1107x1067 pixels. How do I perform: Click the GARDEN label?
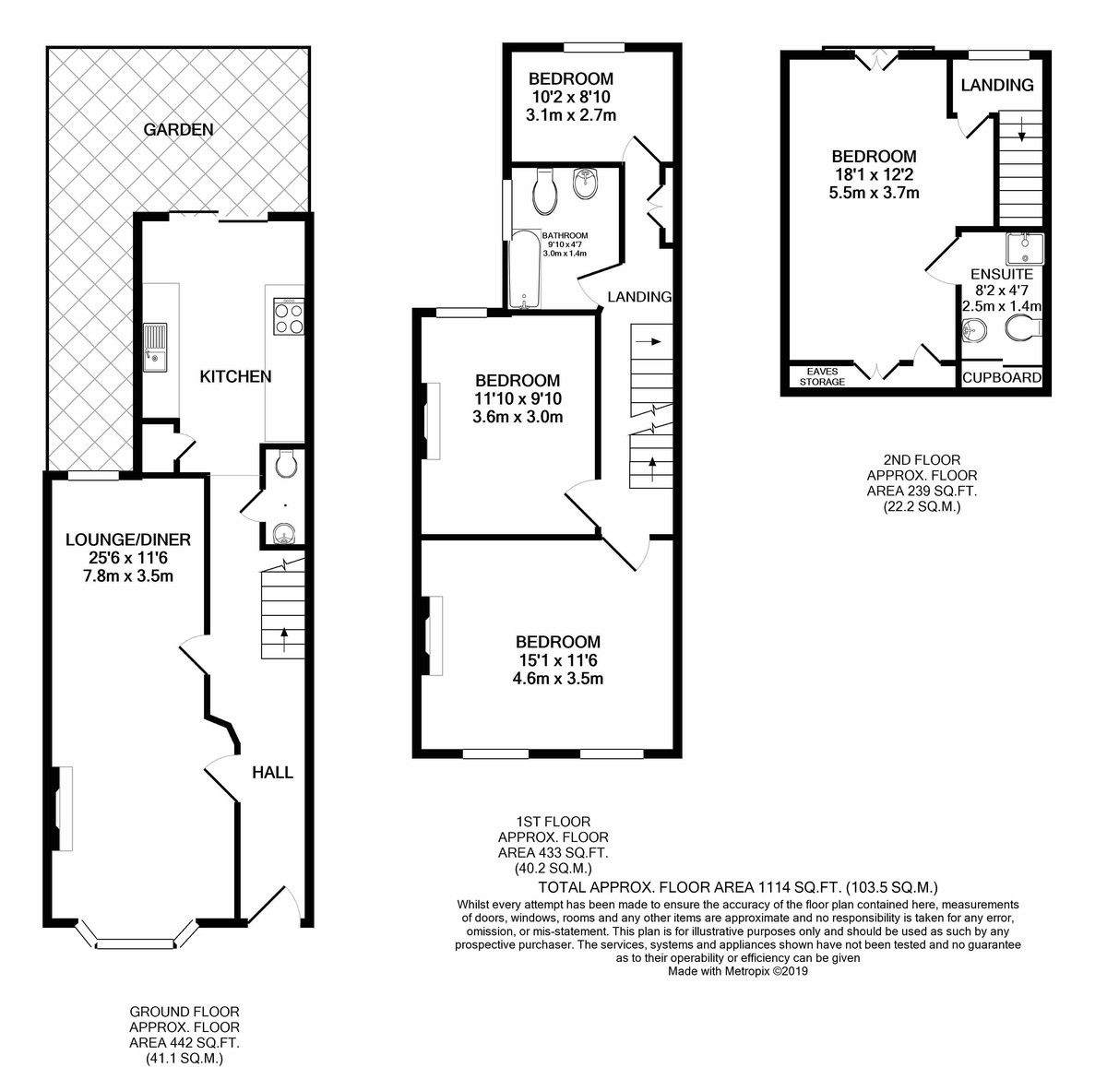[x=178, y=130]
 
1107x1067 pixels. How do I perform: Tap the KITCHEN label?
[x=235, y=376]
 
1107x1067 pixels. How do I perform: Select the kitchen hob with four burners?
[x=289, y=316]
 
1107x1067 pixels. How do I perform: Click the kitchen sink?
[x=155, y=348]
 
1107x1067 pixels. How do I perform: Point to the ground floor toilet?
[x=285, y=464]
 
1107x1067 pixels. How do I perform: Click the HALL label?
[x=273, y=773]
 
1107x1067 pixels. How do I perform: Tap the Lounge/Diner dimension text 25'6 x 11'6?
[x=128, y=558]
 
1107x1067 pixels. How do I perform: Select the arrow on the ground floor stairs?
[x=283, y=639]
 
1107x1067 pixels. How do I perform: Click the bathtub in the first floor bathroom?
[x=525, y=269]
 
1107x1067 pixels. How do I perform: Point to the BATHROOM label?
[x=565, y=235]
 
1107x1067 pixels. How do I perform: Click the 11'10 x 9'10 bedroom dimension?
[x=518, y=398]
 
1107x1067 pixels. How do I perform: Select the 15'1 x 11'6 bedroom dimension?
[x=557, y=660]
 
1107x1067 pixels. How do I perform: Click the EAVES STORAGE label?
[x=822, y=376]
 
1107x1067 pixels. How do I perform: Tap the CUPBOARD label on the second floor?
[x=1002, y=378]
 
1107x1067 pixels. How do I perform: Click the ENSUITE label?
[x=1002, y=274]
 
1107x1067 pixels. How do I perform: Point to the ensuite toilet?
[x=1023, y=329]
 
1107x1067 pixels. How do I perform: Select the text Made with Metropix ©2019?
[x=738, y=971]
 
